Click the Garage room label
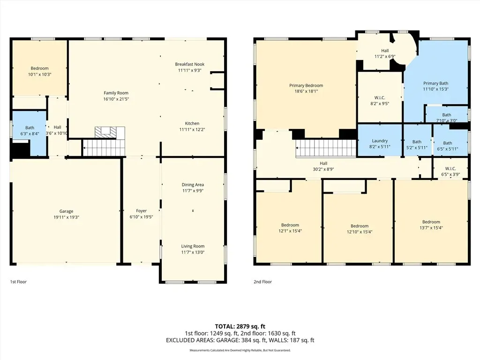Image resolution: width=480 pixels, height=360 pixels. pyautogui.click(x=66, y=211)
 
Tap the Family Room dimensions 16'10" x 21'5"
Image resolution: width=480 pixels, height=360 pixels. pyautogui.click(x=116, y=99)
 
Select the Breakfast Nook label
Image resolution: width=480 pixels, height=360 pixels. pyautogui.click(x=190, y=64)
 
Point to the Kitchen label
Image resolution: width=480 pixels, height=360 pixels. pyautogui.click(x=192, y=123)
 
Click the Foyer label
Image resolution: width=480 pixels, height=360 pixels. pyautogui.click(x=142, y=211)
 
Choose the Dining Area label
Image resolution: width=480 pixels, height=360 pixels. pyautogui.click(x=193, y=185)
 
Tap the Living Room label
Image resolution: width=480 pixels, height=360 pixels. pyautogui.click(x=193, y=246)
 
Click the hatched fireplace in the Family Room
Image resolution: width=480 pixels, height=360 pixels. pyautogui.click(x=106, y=132)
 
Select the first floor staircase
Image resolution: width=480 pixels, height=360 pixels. pyautogui.click(x=104, y=147)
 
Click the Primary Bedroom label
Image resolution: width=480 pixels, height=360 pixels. pyautogui.click(x=306, y=85)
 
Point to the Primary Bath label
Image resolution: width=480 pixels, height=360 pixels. pyautogui.click(x=435, y=83)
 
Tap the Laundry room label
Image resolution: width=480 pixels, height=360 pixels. pyautogui.click(x=380, y=141)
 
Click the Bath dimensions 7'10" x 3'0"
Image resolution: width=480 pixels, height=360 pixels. pyautogui.click(x=447, y=120)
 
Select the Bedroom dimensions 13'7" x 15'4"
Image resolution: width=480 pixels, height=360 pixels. pyautogui.click(x=431, y=228)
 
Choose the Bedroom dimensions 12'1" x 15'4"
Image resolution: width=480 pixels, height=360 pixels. pyautogui.click(x=290, y=231)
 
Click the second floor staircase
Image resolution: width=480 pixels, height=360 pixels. pyautogui.click(x=326, y=148)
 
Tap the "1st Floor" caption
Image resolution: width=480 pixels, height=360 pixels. pyautogui.click(x=18, y=282)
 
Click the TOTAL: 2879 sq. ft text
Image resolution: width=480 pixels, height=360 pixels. pyautogui.click(x=240, y=326)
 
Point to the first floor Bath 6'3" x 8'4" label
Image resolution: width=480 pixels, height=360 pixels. pyautogui.click(x=30, y=131)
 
